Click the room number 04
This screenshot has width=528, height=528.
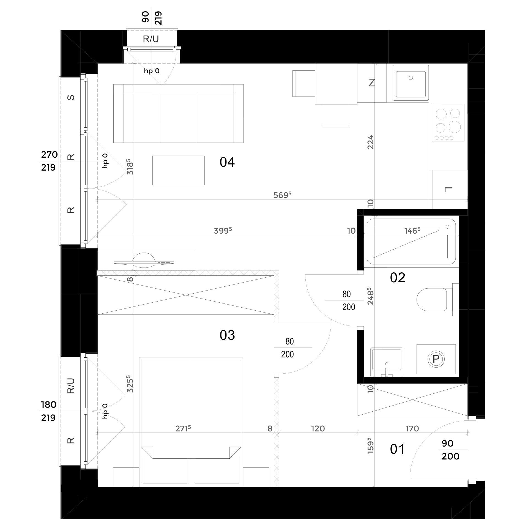(x=227, y=162)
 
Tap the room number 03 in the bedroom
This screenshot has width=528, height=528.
(x=227, y=335)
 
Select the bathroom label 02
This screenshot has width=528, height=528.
(x=397, y=278)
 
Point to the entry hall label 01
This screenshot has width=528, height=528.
(x=397, y=449)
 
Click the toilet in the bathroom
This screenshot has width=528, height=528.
(x=437, y=299)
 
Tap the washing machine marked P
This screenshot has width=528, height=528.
(x=436, y=359)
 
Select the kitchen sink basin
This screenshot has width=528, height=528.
(x=411, y=83)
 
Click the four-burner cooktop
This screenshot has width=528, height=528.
(x=448, y=122)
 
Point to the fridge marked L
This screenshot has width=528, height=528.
(x=450, y=189)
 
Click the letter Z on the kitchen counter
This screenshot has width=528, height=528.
(x=372, y=83)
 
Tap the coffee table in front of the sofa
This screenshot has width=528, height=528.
(x=178, y=170)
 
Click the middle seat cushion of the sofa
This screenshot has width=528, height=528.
(x=178, y=118)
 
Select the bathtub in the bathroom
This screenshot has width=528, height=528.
(x=411, y=242)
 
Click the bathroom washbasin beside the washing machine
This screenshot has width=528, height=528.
(x=387, y=362)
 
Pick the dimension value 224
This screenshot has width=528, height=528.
(x=371, y=142)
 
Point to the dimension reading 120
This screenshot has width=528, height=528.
(x=318, y=428)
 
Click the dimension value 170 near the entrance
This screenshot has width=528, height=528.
(x=412, y=428)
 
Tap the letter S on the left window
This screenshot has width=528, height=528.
(x=71, y=97)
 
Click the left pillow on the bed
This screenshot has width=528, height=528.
(x=165, y=470)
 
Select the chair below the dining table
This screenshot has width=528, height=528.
(x=336, y=116)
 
